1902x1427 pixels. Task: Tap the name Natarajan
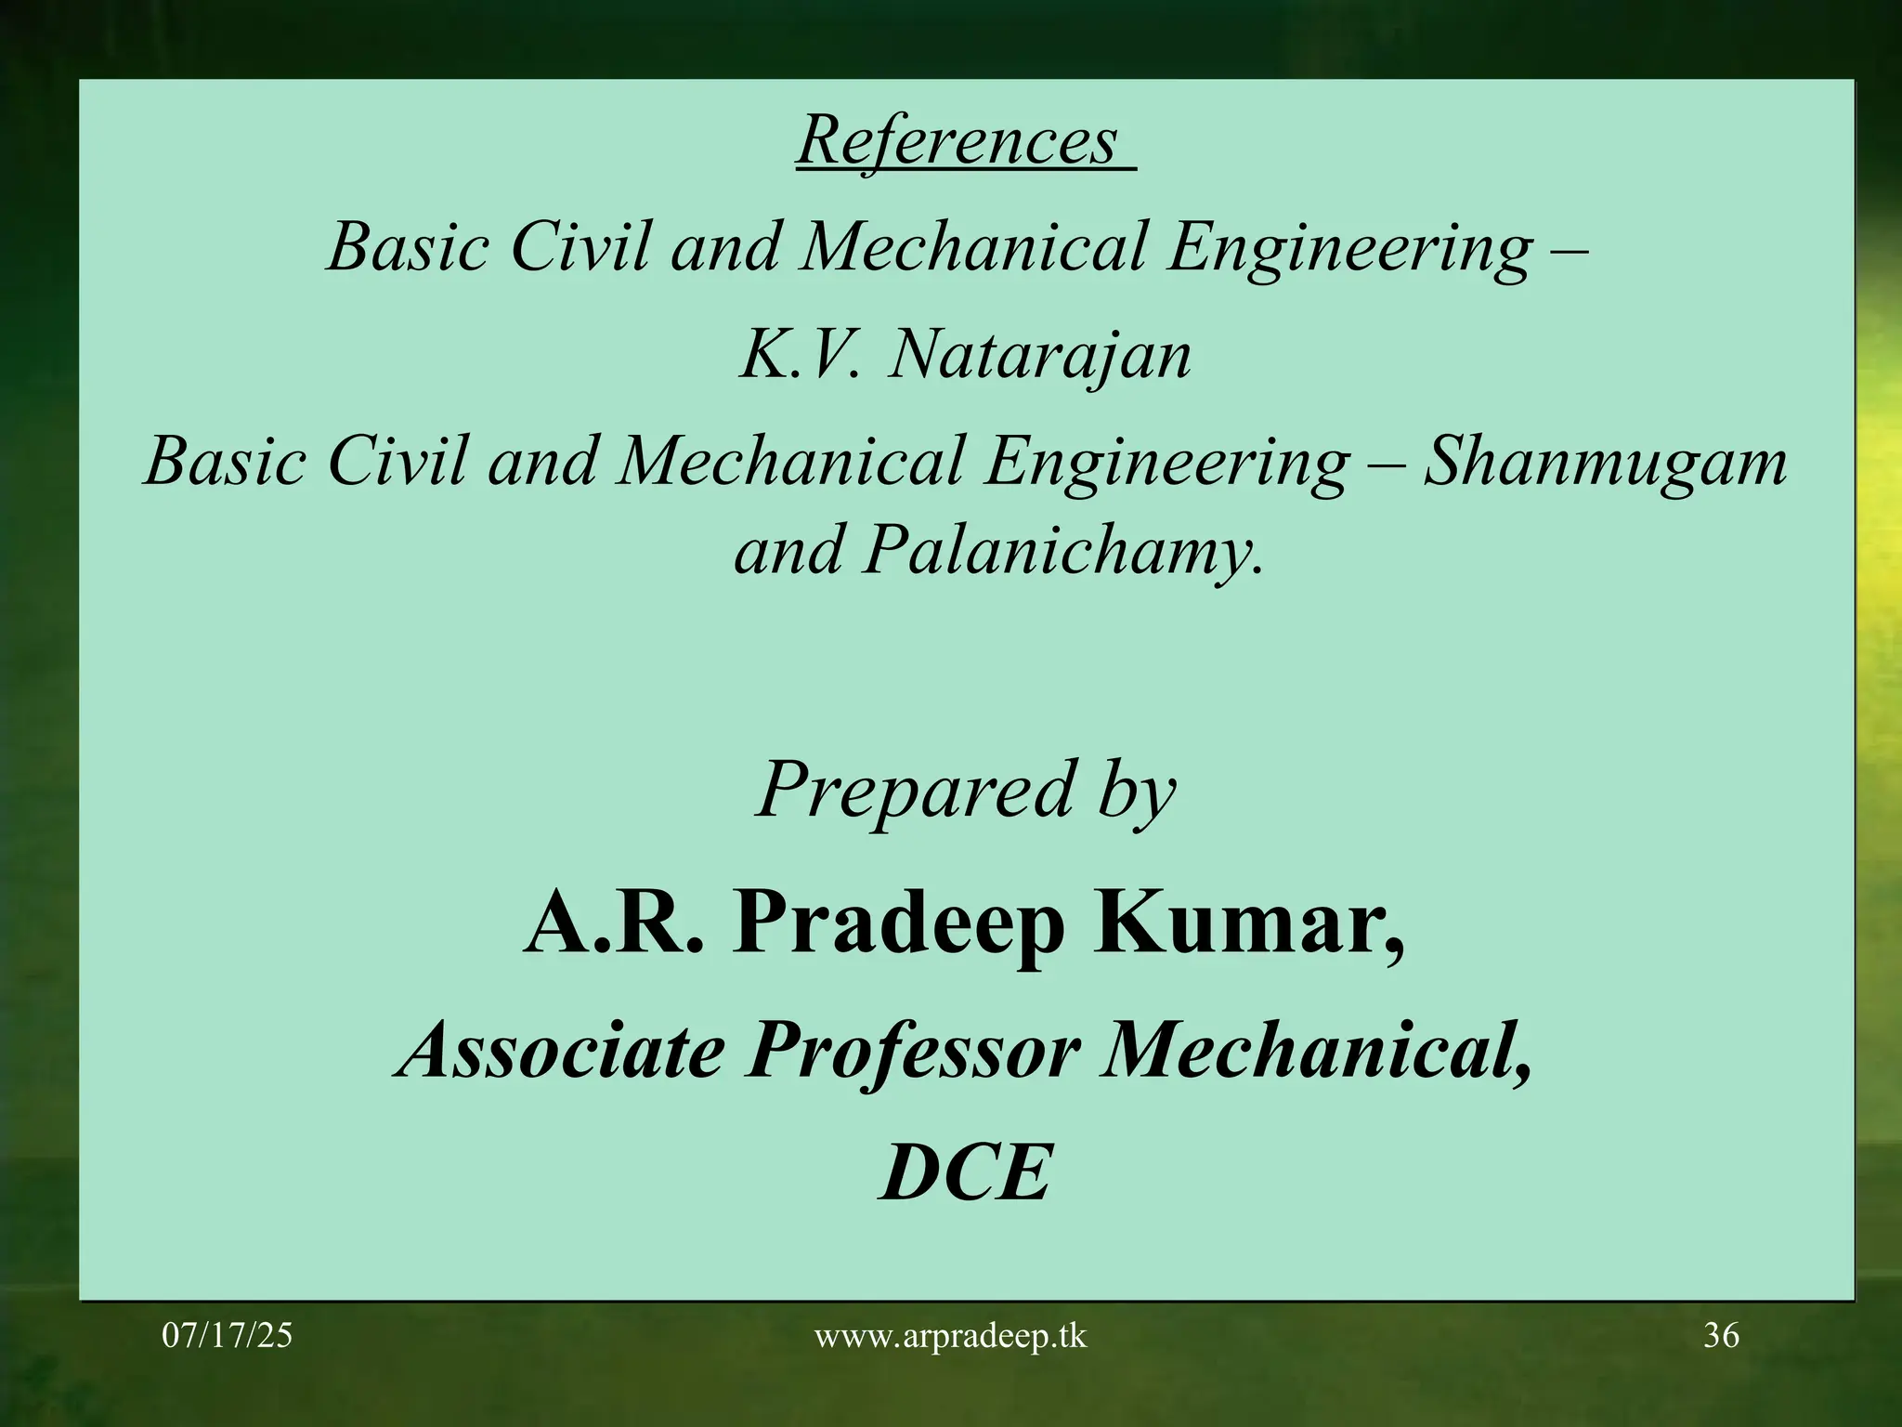point(1039,356)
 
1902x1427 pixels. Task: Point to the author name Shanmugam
point(1605,462)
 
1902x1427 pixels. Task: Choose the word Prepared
point(916,791)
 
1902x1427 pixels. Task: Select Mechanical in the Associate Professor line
point(1314,1051)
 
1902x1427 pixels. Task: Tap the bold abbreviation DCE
point(965,1173)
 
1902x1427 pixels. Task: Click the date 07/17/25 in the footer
point(228,1336)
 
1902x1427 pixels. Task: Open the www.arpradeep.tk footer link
point(950,1336)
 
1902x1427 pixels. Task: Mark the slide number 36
point(1721,1336)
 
